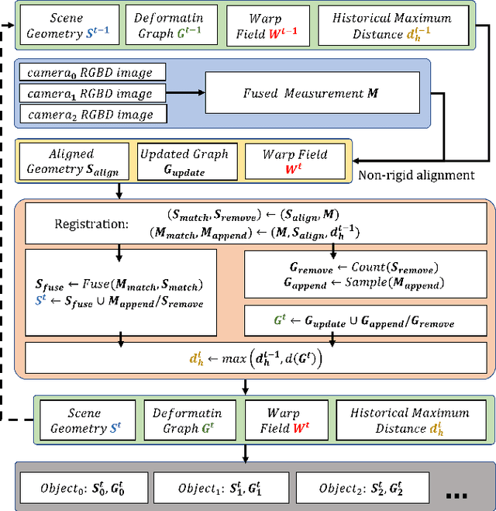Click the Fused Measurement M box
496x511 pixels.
click(x=312, y=94)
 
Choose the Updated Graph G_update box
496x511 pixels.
click(x=184, y=161)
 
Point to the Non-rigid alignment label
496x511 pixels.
click(x=415, y=175)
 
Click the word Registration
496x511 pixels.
click(x=90, y=225)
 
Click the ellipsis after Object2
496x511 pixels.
click(x=457, y=493)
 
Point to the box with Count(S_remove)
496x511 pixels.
click(x=364, y=273)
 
